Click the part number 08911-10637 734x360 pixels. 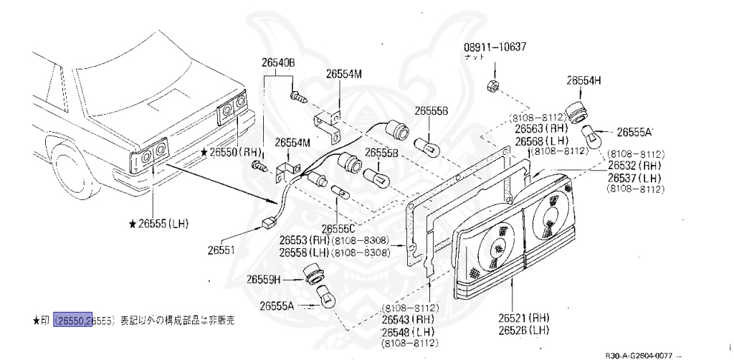click(x=495, y=48)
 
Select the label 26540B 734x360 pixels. click(x=278, y=64)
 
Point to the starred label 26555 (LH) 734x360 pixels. click(x=158, y=224)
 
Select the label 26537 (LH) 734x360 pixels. click(x=634, y=178)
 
